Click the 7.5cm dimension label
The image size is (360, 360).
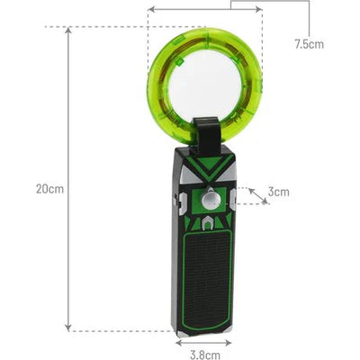click(309, 43)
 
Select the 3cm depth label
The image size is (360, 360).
click(279, 192)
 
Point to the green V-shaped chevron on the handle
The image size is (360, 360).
click(206, 169)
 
